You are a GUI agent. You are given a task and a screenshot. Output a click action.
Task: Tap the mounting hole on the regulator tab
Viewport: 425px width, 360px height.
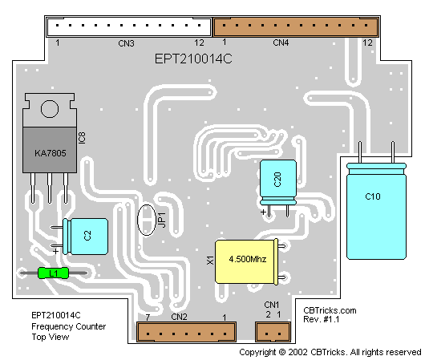click(50, 109)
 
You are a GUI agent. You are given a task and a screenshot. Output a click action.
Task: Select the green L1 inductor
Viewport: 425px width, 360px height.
click(53, 273)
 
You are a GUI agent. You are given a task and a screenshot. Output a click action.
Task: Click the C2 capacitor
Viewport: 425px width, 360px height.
click(85, 237)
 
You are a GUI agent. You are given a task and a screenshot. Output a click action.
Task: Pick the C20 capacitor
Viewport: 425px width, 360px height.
click(278, 182)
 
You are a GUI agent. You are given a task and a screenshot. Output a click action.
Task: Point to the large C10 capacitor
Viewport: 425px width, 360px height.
click(376, 211)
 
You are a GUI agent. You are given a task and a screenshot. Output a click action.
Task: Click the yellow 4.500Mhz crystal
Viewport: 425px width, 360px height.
click(246, 261)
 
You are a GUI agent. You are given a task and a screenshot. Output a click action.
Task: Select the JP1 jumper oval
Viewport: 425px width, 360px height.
click(147, 220)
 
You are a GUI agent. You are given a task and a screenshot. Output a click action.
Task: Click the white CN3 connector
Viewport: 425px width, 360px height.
click(129, 26)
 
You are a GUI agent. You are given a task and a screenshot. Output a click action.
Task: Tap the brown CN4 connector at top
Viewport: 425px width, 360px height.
click(296, 26)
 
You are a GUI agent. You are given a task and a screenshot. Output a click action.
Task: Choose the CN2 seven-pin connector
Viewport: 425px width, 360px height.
click(186, 332)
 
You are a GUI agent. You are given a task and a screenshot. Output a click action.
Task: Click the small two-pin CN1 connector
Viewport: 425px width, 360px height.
click(273, 332)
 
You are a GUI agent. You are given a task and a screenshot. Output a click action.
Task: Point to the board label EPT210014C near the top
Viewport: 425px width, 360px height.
click(193, 59)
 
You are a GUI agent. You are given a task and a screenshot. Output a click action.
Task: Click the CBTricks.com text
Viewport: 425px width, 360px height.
click(330, 310)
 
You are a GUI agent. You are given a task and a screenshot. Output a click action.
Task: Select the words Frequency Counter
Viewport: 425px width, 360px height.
click(69, 326)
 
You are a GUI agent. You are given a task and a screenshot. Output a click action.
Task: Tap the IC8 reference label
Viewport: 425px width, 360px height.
click(82, 138)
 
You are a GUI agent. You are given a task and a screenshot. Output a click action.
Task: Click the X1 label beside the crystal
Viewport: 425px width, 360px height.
click(210, 261)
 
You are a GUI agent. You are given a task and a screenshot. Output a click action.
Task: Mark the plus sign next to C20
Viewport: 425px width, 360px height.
click(263, 212)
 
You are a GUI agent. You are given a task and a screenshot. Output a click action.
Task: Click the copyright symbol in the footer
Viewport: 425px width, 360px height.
click(282, 352)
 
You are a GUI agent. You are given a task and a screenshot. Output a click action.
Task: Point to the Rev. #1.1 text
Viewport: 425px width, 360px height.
click(322, 319)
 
